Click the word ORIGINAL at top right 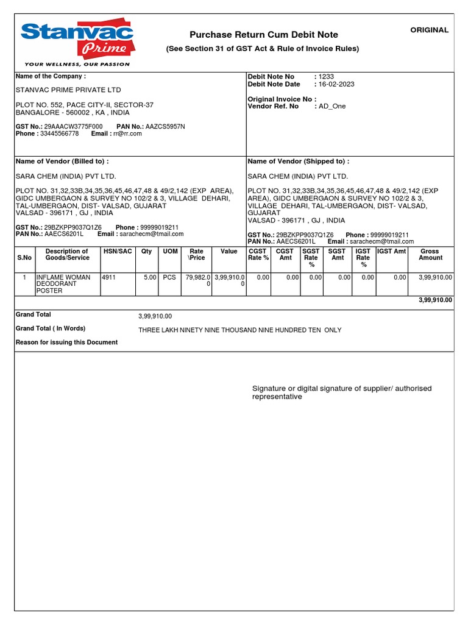(x=429, y=30)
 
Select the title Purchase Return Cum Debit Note (x=263, y=35)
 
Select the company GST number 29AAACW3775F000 (x=73, y=126)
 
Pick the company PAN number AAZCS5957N (x=165, y=126)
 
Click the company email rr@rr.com (x=127, y=133)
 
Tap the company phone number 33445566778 (x=59, y=133)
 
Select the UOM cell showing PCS (x=169, y=277)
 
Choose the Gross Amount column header (x=430, y=255)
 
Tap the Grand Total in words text (x=239, y=330)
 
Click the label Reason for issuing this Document (x=66, y=342)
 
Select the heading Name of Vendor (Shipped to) (x=298, y=161)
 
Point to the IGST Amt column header (x=391, y=251)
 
